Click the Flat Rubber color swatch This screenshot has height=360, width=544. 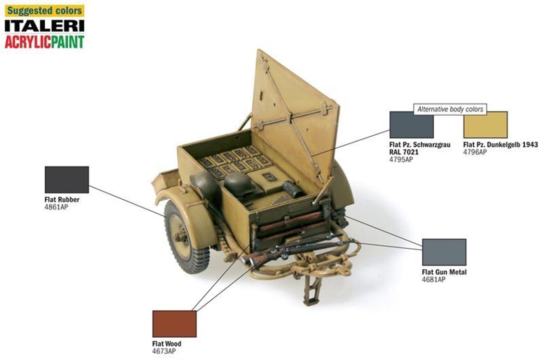pos(66,180)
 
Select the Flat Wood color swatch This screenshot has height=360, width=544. pos(174,324)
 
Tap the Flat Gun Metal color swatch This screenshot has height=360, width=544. pos(444,252)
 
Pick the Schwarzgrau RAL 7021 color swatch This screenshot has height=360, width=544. pos(412,125)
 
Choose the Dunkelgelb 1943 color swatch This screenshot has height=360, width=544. pos(485,125)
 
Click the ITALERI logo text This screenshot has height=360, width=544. pos(44,26)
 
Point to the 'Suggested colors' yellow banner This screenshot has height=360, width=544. pos(44,11)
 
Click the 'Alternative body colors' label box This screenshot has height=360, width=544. pos(450,109)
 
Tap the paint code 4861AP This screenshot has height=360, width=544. pos(56,207)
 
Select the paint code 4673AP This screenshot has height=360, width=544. pos(164,351)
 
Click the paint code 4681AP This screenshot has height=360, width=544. pos(434,280)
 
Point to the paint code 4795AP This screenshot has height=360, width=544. pos(401,159)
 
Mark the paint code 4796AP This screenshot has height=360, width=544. pos(475,152)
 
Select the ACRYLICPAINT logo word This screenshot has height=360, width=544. pos(44,41)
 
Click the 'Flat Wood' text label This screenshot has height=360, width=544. pos(167,344)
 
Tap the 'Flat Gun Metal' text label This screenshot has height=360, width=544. pos(444,272)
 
